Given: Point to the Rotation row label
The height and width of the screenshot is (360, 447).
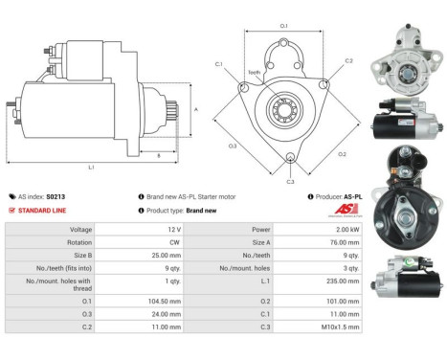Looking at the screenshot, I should pyautogui.click(x=80, y=243).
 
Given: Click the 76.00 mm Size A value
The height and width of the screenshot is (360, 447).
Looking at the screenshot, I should pyautogui.click(x=349, y=243).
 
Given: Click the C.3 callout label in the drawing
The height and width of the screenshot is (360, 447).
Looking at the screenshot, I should pyautogui.click(x=290, y=180).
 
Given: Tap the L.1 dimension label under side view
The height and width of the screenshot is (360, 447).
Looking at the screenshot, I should pyautogui.click(x=91, y=167).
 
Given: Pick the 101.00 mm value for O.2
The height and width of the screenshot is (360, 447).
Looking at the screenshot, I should pyautogui.click(x=349, y=298).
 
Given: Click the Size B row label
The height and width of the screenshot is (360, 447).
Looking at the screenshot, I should pyautogui.click(x=81, y=257).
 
